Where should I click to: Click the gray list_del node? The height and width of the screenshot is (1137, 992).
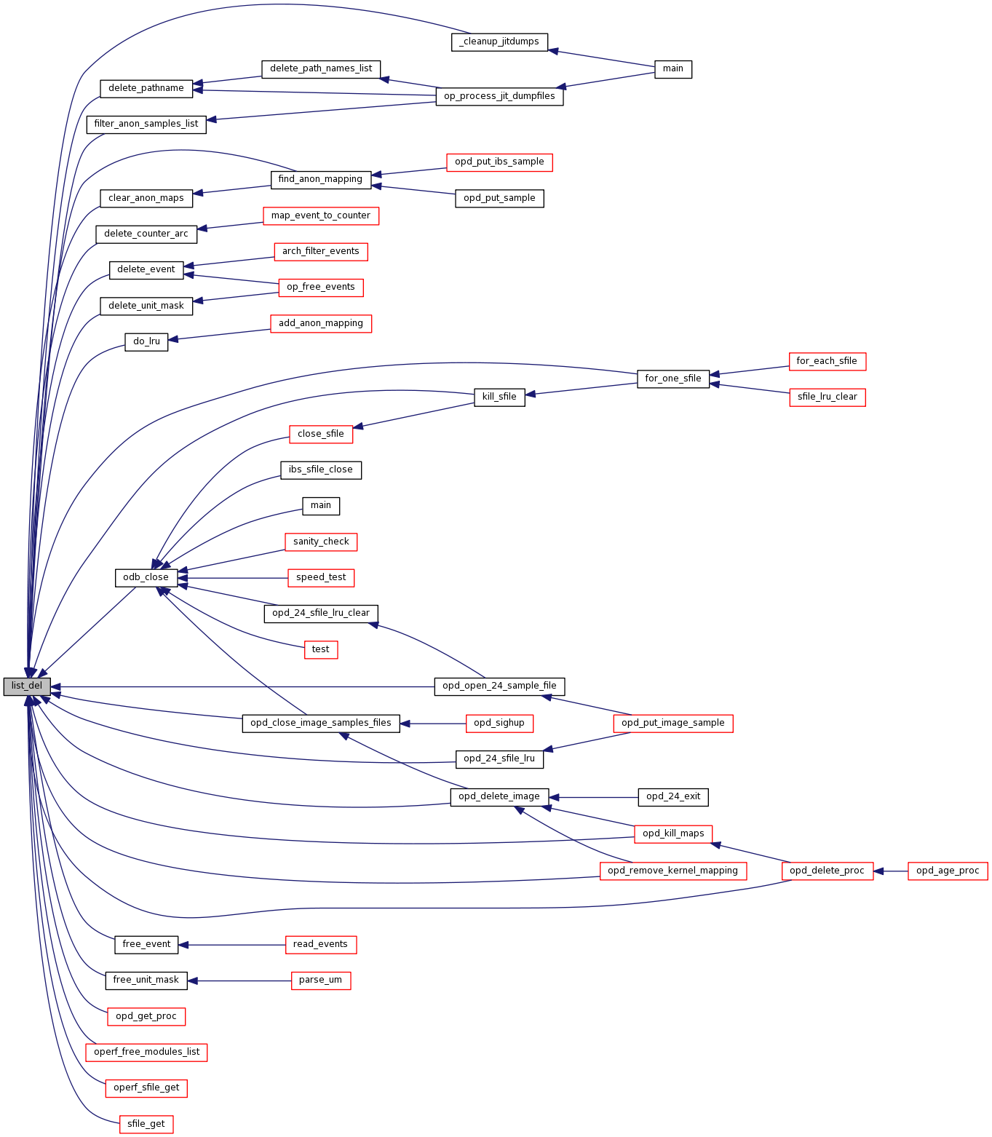coord(27,686)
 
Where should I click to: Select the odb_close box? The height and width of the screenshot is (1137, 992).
coord(146,577)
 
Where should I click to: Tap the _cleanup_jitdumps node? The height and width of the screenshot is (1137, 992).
coord(499,41)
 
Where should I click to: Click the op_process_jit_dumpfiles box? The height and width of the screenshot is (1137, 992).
coord(499,96)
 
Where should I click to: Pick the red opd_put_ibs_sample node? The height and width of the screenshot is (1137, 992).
coord(499,162)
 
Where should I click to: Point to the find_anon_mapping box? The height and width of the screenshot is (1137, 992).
coord(320,179)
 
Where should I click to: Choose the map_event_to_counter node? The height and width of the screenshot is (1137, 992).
coord(320,215)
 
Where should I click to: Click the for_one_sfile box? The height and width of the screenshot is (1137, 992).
coord(672,379)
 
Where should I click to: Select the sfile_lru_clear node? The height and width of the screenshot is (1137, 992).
coord(827,397)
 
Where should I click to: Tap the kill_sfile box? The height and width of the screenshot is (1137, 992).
coord(499,397)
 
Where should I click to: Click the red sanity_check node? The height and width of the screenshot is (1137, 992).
coord(321,542)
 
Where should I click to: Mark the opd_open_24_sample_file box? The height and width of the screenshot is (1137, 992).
coord(499,686)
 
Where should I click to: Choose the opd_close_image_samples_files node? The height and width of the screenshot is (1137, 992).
coord(320,723)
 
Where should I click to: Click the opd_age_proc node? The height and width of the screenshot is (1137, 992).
coord(948,871)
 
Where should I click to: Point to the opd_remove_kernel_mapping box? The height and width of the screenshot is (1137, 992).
coord(672,871)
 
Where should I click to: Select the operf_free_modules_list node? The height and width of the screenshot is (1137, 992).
coord(146,1052)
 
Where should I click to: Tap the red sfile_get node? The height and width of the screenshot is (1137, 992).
coord(146,1124)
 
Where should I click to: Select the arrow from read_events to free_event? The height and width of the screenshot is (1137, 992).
coord(233,945)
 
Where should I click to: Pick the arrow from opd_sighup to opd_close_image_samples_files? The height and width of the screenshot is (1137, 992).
coord(433,724)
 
